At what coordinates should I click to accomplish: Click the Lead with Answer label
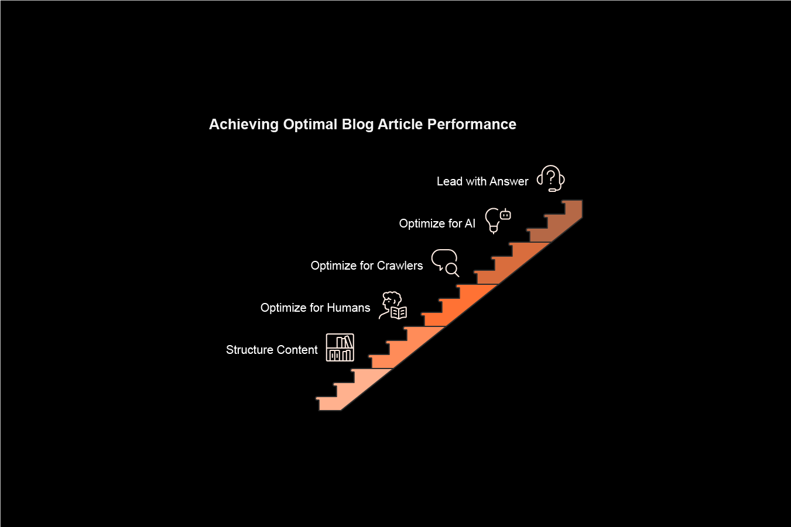(482, 181)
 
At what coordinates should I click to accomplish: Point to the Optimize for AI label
(437, 223)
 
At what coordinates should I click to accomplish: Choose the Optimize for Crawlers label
(367, 266)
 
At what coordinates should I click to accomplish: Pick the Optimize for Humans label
(315, 308)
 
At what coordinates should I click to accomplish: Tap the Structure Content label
(272, 350)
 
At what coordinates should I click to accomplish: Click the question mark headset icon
(551, 178)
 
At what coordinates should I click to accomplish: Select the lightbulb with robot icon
(498, 220)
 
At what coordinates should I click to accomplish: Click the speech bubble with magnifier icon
(445, 263)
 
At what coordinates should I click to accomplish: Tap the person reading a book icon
(392, 305)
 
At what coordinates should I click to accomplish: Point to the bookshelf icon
(340, 347)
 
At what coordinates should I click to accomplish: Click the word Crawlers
(400, 266)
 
